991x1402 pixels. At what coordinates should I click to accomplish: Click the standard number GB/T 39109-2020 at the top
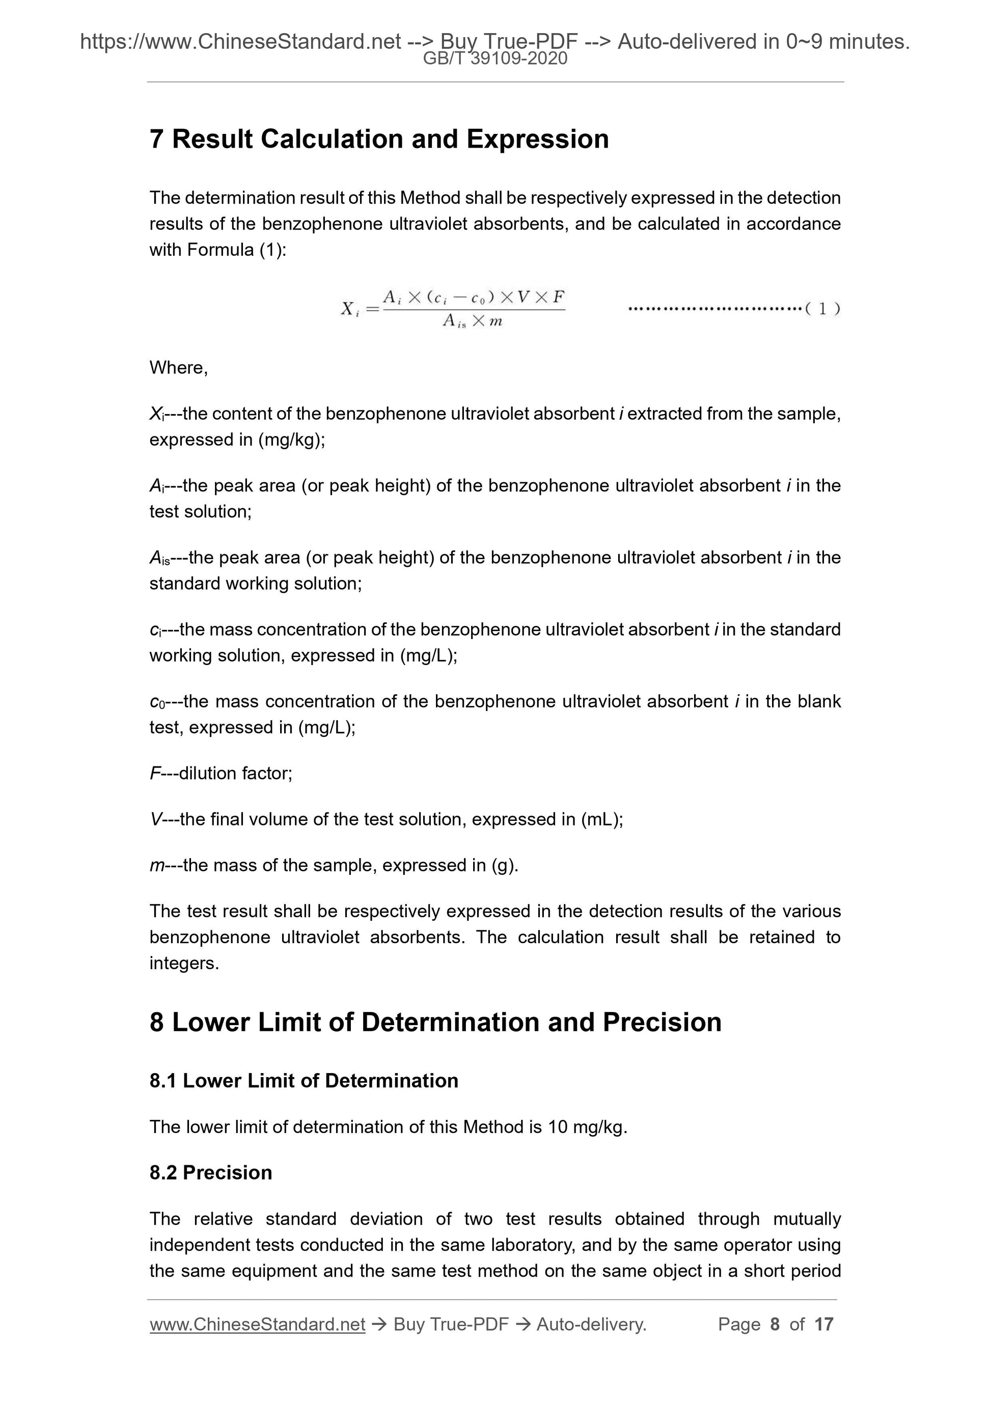pyautogui.click(x=495, y=59)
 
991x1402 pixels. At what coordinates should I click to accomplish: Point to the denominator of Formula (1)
pyautogui.click(x=472, y=321)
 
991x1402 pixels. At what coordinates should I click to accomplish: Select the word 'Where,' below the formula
pyautogui.click(x=178, y=368)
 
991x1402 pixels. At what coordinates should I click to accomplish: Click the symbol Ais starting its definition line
pyautogui.click(x=160, y=558)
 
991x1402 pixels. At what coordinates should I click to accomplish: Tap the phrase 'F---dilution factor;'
pyautogui.click(x=221, y=774)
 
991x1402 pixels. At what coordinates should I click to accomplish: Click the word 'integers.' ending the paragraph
pyautogui.click(x=184, y=964)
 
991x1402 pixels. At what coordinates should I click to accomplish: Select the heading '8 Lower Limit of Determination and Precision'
pyautogui.click(x=435, y=1022)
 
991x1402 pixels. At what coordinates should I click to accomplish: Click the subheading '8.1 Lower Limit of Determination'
pyautogui.click(x=304, y=1081)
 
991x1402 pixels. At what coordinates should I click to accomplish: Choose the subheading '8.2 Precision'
pyautogui.click(x=211, y=1173)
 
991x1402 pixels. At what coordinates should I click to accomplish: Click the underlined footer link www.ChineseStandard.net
pyautogui.click(x=257, y=1325)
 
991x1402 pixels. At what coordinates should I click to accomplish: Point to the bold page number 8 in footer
pyautogui.click(x=775, y=1325)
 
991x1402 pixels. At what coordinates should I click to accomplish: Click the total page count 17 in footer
pyautogui.click(x=823, y=1325)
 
